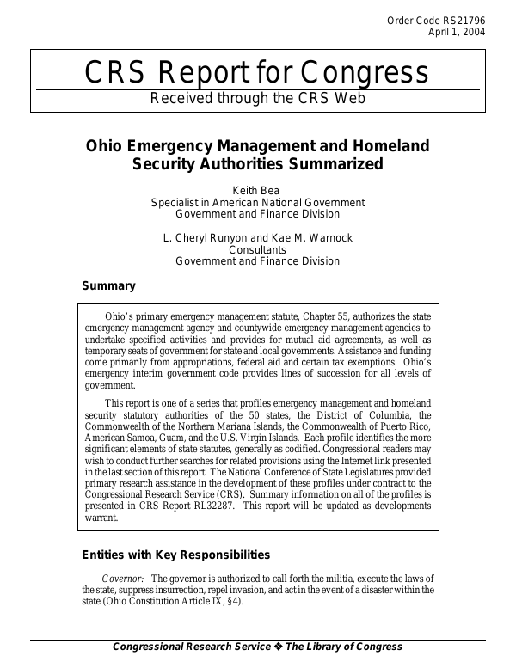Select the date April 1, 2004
(x=456, y=33)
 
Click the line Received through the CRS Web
(x=258, y=98)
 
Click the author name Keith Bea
(x=257, y=190)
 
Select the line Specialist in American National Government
(x=257, y=202)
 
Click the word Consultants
(x=257, y=249)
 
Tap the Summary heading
(x=108, y=285)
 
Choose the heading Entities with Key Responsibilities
(x=175, y=555)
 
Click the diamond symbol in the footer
(x=275, y=647)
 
